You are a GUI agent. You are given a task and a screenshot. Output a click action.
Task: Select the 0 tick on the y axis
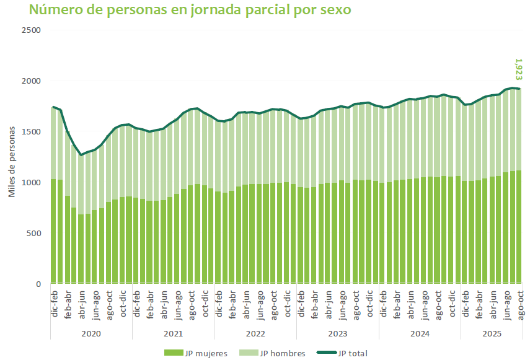click(x=38, y=284)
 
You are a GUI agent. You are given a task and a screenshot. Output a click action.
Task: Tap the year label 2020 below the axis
click(x=91, y=333)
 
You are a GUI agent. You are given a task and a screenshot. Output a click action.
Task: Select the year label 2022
click(x=255, y=333)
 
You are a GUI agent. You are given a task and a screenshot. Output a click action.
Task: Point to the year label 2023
click(x=337, y=333)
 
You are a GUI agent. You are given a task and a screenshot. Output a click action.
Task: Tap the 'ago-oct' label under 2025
click(x=519, y=305)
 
